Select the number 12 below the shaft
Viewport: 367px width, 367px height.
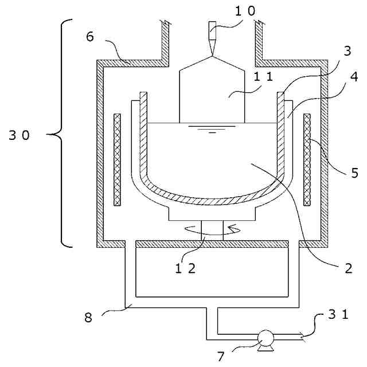(185, 268)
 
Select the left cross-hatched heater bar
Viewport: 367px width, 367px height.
(118, 160)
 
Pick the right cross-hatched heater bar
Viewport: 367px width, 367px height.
(307, 160)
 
